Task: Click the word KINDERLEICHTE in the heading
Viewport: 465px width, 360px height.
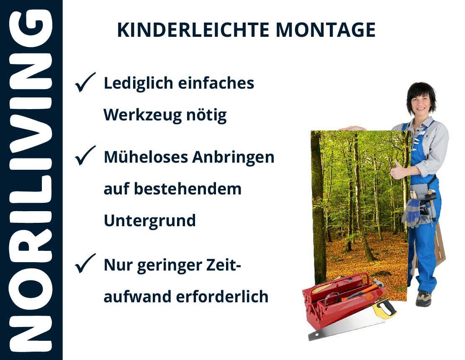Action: coord(193,30)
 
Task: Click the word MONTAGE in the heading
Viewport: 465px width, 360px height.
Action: coord(326,30)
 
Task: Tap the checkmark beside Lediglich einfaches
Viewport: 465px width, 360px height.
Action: coord(85,82)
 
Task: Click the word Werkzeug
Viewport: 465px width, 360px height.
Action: coord(142,115)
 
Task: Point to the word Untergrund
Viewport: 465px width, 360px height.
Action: coord(150,221)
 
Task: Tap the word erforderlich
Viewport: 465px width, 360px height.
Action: coord(222,296)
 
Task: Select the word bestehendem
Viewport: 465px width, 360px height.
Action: coord(188,189)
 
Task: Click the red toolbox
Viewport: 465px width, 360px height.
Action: coord(341,299)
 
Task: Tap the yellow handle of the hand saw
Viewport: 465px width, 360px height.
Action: coord(384,308)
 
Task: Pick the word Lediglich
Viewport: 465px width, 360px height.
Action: coord(138,84)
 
